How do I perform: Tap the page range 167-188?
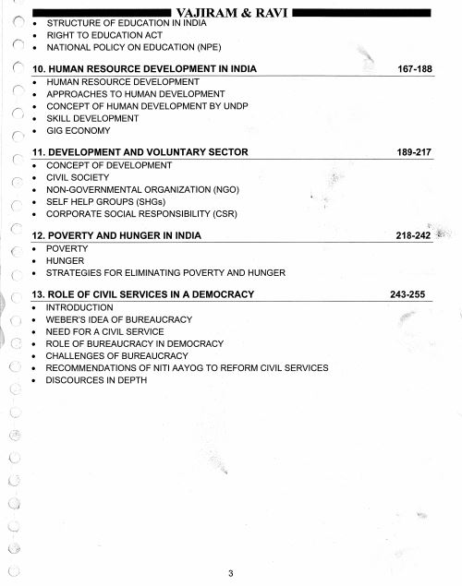[412, 69]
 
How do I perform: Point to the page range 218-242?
[412, 235]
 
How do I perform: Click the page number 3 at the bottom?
[231, 572]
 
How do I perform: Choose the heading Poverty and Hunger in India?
[116, 235]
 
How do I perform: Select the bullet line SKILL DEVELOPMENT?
[91, 118]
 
